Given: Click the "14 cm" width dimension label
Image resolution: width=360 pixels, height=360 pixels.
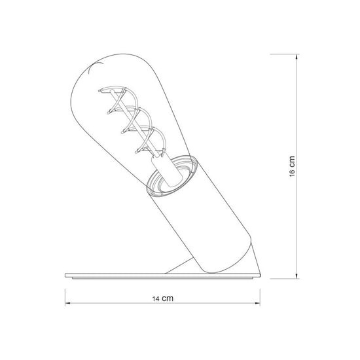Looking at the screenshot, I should click(162, 298).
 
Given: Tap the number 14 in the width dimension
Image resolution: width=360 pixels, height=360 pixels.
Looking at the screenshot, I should click(156, 298).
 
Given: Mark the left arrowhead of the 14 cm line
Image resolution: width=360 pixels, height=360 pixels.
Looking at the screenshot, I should click(67, 303).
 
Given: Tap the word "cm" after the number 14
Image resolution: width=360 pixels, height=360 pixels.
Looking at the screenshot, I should click(168, 298).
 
